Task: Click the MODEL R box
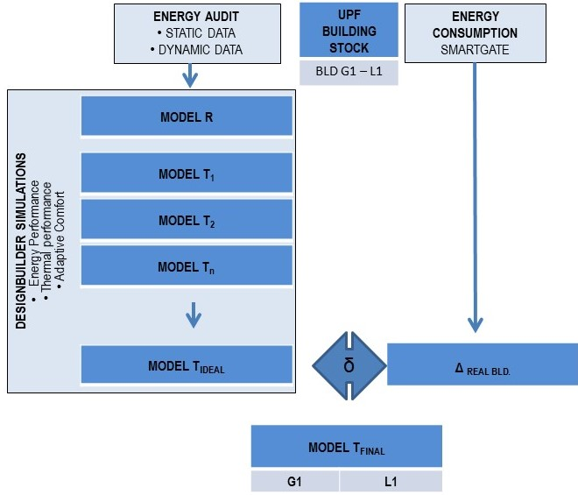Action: (186, 117)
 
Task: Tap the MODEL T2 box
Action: (186, 221)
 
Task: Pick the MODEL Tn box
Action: (186, 266)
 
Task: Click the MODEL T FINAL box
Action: (346, 448)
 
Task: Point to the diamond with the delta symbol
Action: (349, 364)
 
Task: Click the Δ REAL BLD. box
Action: (483, 364)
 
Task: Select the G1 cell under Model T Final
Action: (295, 481)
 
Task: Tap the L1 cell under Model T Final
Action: (391, 481)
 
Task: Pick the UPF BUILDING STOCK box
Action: (349, 32)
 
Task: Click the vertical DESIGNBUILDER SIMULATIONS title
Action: (21, 241)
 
